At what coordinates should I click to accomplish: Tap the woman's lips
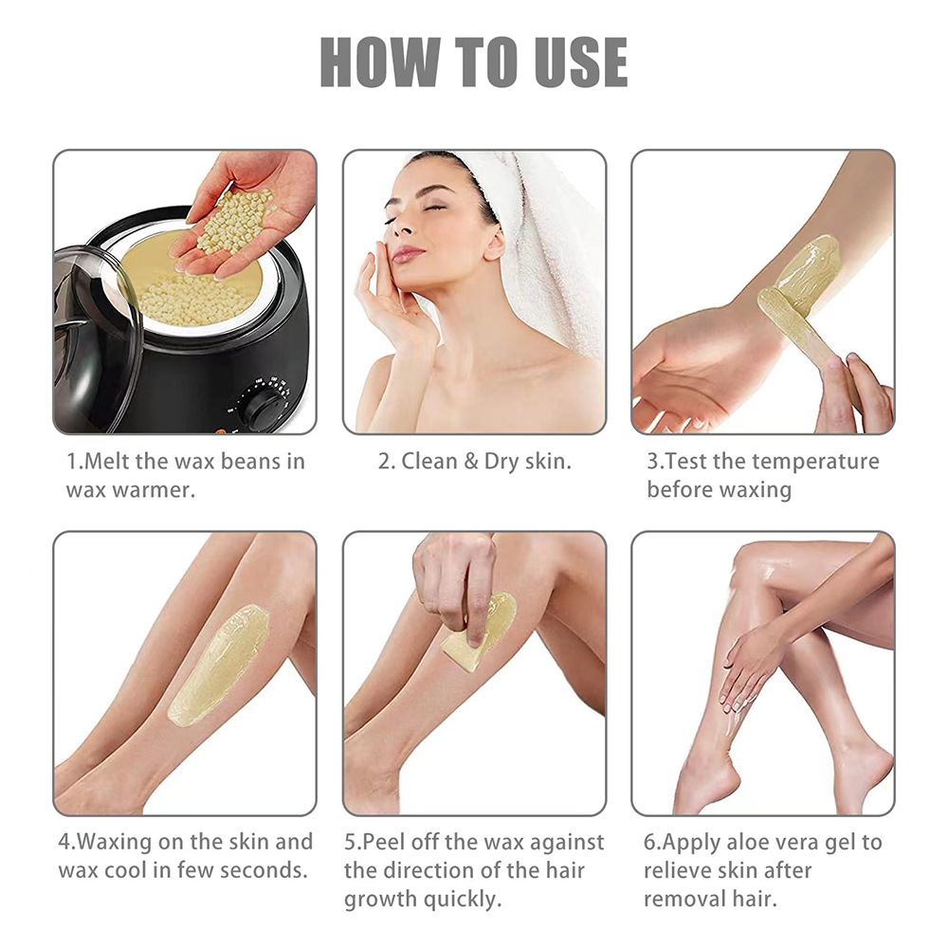[x=408, y=254]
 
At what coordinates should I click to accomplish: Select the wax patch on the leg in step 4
[x=219, y=664]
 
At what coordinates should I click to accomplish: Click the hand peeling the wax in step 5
[x=455, y=578]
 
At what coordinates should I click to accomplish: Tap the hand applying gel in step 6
[x=749, y=664]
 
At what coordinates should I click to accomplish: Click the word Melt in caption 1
[x=112, y=462]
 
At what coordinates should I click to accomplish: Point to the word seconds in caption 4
[x=264, y=869]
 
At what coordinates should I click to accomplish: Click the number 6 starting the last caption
[x=649, y=841]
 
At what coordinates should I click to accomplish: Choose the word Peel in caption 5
[x=385, y=841]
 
